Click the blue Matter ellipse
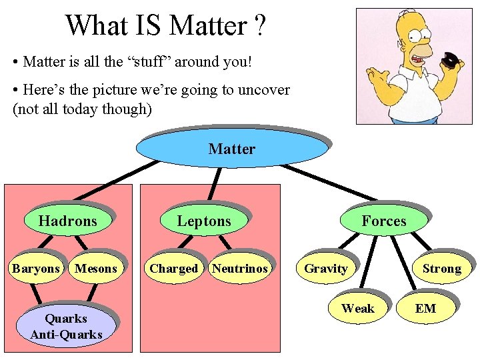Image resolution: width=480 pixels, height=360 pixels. (231, 149)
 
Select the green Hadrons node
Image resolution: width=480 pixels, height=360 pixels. (67, 221)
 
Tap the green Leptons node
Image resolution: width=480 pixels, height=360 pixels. (203, 221)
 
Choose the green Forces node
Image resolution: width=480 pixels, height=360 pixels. (383, 221)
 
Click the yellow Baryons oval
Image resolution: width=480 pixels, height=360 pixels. (35, 269)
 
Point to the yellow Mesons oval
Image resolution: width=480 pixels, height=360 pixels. (96, 269)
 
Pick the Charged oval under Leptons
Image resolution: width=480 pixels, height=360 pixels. (173, 269)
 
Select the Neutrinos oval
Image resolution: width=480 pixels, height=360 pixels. (239, 269)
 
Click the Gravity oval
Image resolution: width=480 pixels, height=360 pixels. (325, 269)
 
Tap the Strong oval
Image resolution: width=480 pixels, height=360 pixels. (441, 269)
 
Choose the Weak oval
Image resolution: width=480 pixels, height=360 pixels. (358, 309)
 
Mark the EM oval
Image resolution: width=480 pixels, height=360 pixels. (425, 309)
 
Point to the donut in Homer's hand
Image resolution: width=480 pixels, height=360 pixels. (451, 61)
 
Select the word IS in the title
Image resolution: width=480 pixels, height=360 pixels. (147, 27)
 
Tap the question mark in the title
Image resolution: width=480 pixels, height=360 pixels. (259, 27)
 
